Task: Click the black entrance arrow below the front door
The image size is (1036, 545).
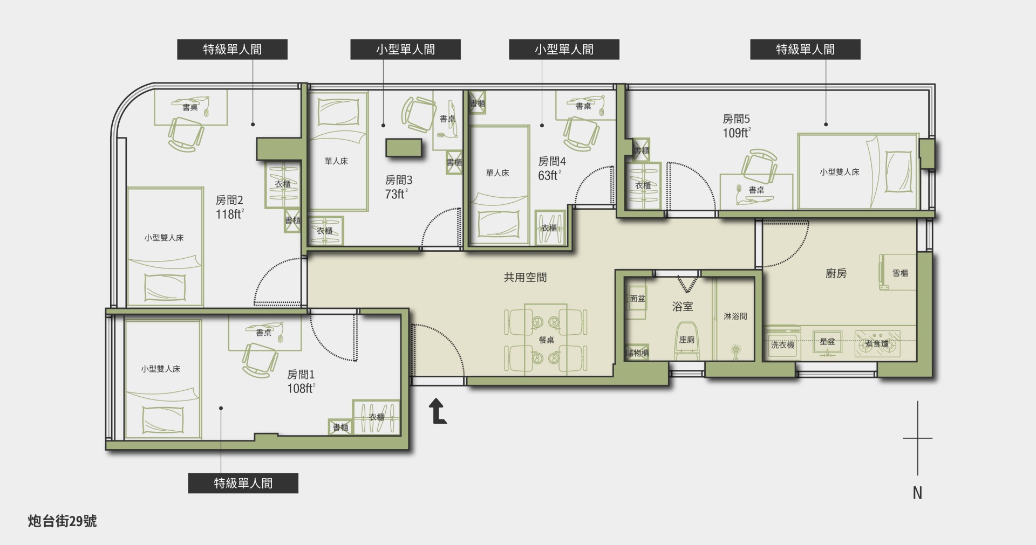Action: (x=439, y=412)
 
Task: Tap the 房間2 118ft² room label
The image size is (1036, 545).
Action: (x=230, y=208)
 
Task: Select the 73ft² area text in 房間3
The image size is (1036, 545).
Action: (x=397, y=194)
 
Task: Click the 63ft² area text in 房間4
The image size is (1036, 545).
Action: (x=550, y=175)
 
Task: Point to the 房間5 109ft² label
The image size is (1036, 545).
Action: (x=737, y=126)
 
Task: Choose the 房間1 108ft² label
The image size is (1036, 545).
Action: (x=301, y=381)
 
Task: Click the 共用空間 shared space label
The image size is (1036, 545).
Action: (x=525, y=278)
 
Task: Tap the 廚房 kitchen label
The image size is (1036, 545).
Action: (x=836, y=273)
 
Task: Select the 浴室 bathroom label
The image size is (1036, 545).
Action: (x=683, y=307)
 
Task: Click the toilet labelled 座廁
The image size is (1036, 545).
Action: (x=687, y=341)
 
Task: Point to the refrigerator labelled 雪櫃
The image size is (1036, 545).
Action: (x=898, y=273)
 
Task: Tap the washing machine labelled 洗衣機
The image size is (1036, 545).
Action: (x=782, y=343)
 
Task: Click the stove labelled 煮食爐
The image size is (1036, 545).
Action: (x=877, y=343)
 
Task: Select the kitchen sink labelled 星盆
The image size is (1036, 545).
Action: (x=827, y=343)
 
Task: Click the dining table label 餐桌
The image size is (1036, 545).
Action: (x=547, y=340)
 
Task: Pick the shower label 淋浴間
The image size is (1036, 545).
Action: (x=735, y=316)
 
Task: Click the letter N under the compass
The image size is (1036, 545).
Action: (x=917, y=493)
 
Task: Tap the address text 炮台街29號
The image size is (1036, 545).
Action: (x=63, y=521)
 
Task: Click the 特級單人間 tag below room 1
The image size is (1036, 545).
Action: (x=243, y=483)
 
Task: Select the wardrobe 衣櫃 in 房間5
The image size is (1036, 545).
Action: (x=643, y=185)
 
